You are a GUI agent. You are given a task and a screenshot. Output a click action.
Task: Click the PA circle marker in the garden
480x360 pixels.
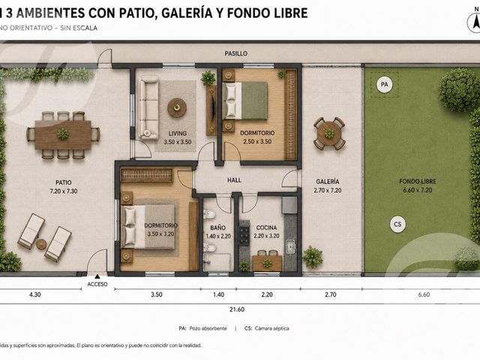[x=384, y=84]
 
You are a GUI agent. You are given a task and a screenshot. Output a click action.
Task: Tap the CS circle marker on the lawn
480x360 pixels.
[x=397, y=224]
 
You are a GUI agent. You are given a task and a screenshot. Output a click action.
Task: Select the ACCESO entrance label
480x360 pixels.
[x=97, y=284]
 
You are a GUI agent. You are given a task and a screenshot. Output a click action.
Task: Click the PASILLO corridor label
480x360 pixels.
[x=236, y=53]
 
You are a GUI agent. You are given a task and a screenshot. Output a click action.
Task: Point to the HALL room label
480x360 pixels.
[x=234, y=180]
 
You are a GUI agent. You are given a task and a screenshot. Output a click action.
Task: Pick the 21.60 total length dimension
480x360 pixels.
[x=237, y=310]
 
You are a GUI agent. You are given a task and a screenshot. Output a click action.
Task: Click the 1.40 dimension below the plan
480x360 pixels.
[x=218, y=295]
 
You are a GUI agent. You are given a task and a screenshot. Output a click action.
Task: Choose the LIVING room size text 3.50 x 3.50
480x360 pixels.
[x=178, y=142]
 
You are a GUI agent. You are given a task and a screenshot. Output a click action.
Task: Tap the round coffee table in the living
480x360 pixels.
[x=177, y=107]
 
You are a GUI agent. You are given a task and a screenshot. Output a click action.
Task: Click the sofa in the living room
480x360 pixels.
[x=148, y=108]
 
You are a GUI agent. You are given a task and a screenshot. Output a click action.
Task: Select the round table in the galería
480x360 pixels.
[x=329, y=133]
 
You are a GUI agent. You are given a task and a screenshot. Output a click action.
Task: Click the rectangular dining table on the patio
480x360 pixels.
[x=63, y=135]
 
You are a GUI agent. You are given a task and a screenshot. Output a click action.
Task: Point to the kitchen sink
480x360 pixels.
[x=290, y=247]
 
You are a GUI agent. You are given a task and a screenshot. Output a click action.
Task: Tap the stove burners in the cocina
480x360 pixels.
[x=244, y=235]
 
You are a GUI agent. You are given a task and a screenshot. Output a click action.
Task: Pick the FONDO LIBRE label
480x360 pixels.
[x=418, y=181]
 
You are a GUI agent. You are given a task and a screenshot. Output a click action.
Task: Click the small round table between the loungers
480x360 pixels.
[x=41, y=244]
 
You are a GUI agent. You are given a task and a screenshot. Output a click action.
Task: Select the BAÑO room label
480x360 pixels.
[x=218, y=228]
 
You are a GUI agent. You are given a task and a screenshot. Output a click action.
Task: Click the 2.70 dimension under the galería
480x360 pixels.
[x=331, y=295]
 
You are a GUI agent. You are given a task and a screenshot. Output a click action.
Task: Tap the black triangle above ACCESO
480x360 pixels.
[x=97, y=276]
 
